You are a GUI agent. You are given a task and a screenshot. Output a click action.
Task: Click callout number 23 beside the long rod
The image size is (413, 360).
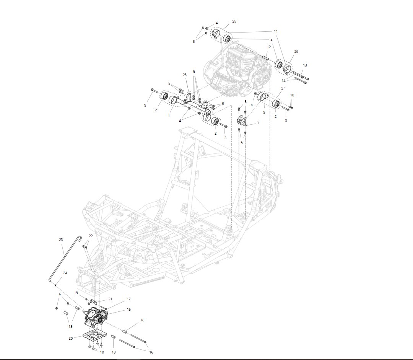[61, 240]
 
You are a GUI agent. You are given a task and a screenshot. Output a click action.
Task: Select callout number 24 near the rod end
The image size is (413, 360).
[65, 273]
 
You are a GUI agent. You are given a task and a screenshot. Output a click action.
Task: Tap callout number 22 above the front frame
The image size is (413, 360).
[91, 236]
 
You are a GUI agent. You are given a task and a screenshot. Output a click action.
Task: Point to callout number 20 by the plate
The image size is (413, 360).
[70, 338]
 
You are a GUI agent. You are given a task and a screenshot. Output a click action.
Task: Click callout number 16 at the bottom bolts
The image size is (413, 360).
[151, 352]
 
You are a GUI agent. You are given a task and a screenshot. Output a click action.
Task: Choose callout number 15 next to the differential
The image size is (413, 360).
[129, 309]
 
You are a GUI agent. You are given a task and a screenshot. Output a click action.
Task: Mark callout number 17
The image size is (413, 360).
[129, 299]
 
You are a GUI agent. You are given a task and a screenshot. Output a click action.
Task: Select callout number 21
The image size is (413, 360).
[110, 299]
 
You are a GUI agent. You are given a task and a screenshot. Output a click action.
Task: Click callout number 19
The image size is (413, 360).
[76, 293]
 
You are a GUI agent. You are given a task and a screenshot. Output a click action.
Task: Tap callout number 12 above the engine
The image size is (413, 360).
[269, 47]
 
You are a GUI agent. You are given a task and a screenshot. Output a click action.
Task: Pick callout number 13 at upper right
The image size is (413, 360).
[305, 65]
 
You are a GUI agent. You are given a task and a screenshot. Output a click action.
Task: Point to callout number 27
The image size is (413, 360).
[283, 88]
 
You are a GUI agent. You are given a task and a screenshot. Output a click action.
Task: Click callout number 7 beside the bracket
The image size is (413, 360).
[258, 123]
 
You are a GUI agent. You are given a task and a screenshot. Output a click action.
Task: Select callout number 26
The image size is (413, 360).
[185, 75]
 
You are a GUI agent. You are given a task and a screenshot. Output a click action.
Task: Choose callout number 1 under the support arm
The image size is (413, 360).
[169, 115]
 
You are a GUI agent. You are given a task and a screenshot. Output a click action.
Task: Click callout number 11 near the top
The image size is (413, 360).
[275, 31]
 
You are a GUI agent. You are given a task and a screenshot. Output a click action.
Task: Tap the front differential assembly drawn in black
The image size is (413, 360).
[96, 316]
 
